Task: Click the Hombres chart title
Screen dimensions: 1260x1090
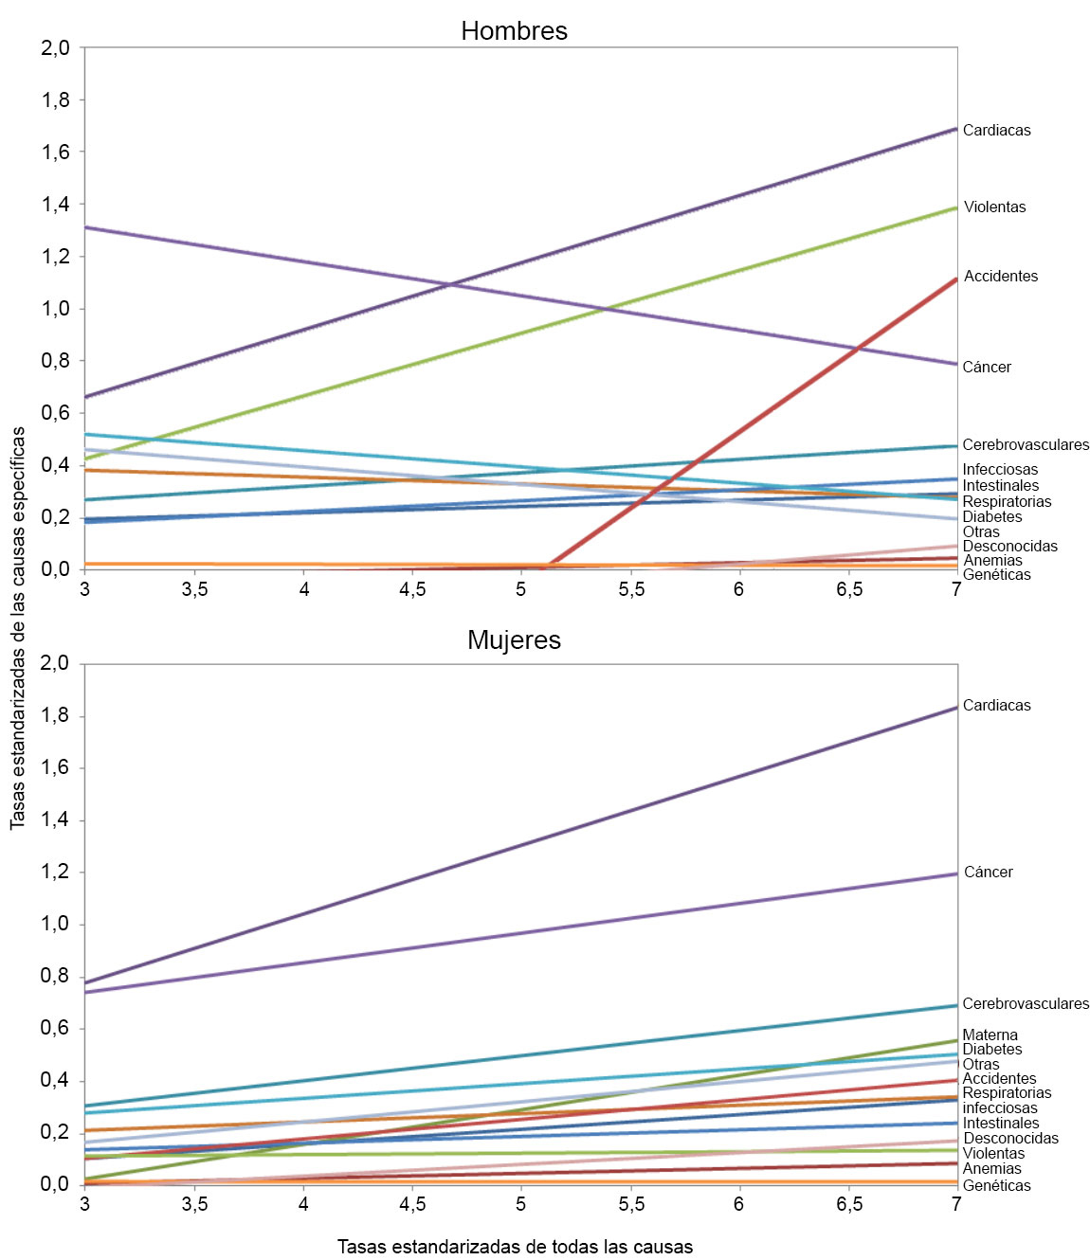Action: click(514, 31)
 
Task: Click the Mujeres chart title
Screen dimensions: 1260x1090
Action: click(514, 640)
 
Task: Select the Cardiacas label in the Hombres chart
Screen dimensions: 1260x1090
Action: click(996, 131)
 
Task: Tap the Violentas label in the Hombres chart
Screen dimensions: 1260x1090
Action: click(994, 207)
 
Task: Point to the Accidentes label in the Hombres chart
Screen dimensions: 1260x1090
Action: click(1001, 277)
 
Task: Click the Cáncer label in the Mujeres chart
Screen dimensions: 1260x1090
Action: click(988, 873)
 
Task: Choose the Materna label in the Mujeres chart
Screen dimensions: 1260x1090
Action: click(990, 1035)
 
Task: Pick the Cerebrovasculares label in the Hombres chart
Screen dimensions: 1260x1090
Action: click(1026, 445)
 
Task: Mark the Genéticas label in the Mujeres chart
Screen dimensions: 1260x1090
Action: click(996, 1186)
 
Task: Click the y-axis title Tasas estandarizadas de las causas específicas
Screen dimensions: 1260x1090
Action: click(18, 628)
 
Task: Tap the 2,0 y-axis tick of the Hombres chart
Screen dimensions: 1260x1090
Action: click(55, 48)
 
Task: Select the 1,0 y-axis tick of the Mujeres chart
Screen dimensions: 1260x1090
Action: click(55, 925)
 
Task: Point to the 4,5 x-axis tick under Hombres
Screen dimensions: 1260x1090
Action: click(412, 589)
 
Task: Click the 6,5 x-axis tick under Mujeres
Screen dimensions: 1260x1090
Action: click(849, 1204)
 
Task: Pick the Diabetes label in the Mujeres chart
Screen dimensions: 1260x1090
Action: click(991, 1050)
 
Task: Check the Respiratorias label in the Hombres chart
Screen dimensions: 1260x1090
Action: click(1007, 502)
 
